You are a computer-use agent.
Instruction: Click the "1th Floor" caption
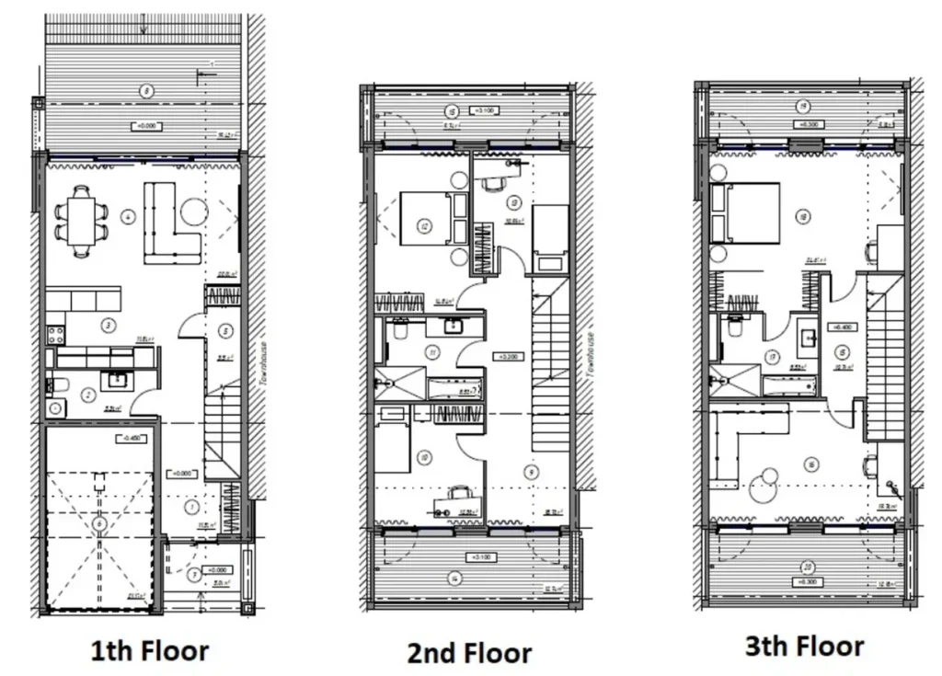tap(149, 651)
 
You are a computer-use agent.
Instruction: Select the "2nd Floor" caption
tap(469, 654)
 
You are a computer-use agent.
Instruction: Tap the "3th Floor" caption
tap(804, 646)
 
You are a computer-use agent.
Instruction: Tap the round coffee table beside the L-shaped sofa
tap(194, 212)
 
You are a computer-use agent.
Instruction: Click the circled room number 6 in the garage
tap(98, 524)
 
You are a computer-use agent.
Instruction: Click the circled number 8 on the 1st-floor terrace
tap(144, 90)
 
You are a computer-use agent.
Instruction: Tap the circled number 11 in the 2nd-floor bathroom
tap(432, 350)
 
